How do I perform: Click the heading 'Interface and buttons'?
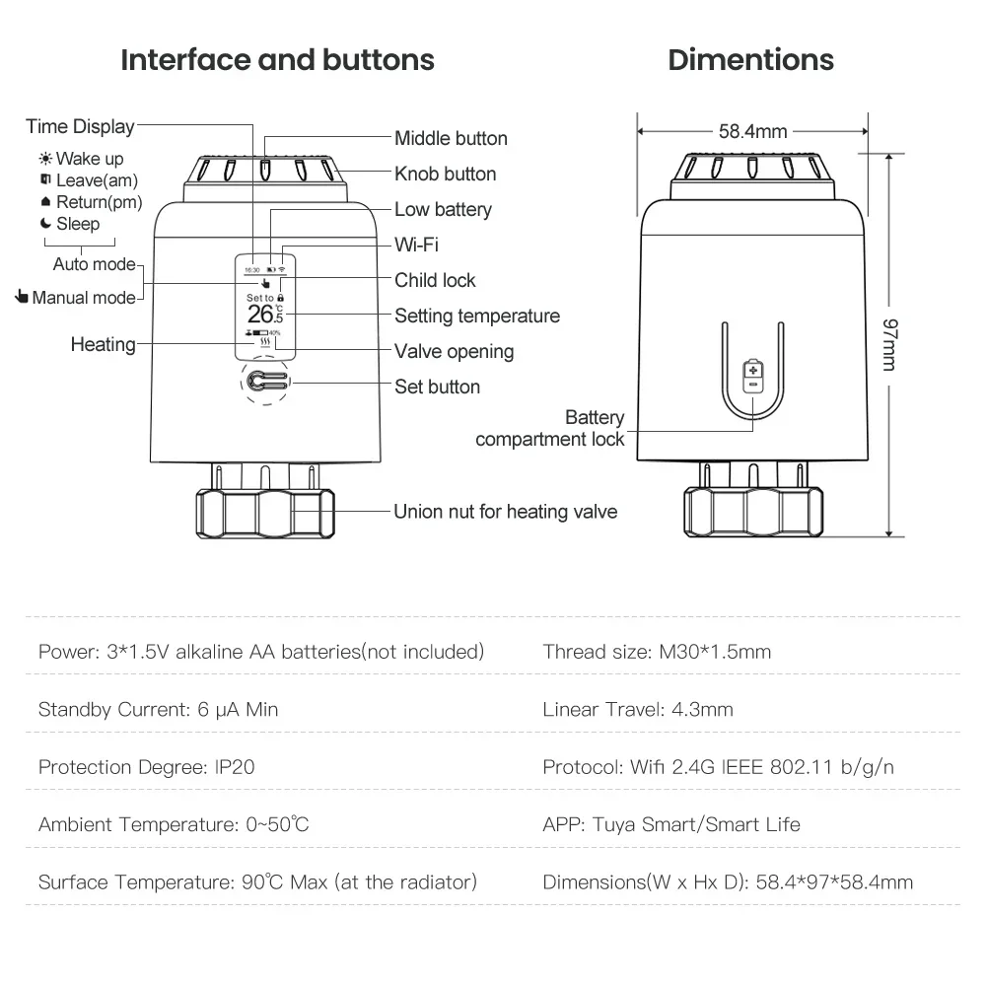pyautogui.click(x=277, y=60)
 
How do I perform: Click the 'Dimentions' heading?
pyautogui.click(x=750, y=60)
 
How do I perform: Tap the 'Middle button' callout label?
pyautogui.click(x=451, y=138)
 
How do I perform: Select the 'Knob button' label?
pyautogui.click(x=445, y=174)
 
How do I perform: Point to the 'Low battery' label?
pyautogui.click(x=443, y=209)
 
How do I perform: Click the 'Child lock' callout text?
pyautogui.click(x=435, y=280)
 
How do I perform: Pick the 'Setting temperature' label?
pyautogui.click(x=477, y=316)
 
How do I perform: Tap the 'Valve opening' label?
pyautogui.click(x=454, y=351)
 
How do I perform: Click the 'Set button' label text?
pyautogui.click(x=437, y=387)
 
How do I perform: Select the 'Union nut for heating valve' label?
pyautogui.click(x=505, y=511)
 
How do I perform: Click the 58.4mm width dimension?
pyautogui.click(x=752, y=130)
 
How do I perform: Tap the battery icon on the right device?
pyautogui.click(x=752, y=375)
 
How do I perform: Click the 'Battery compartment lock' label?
pyautogui.click(x=550, y=428)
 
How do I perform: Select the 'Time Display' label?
pyautogui.click(x=80, y=126)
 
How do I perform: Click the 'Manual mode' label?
pyautogui.click(x=84, y=297)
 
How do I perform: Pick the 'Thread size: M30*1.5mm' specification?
pyautogui.click(x=657, y=651)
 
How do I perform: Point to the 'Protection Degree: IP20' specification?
pyautogui.click(x=146, y=766)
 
